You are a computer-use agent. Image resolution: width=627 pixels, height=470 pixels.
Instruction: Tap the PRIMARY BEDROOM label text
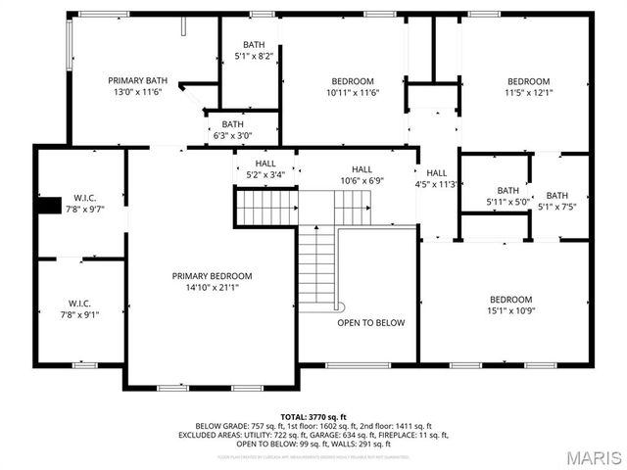click(212, 276)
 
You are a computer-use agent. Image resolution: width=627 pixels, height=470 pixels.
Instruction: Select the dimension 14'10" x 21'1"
click(212, 288)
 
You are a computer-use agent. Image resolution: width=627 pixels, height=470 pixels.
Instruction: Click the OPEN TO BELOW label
click(370, 323)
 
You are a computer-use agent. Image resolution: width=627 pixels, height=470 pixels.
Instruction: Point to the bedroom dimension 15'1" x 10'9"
click(510, 311)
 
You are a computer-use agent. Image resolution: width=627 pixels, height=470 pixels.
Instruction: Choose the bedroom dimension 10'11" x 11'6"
click(352, 93)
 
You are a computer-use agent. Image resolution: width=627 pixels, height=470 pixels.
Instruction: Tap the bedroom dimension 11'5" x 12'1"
click(528, 93)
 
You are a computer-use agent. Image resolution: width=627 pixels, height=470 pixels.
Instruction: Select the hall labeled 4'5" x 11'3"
click(437, 178)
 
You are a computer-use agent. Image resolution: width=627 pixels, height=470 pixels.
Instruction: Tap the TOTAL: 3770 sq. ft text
click(313, 417)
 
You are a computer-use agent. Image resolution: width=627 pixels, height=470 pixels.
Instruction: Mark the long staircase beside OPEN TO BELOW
click(316, 266)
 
